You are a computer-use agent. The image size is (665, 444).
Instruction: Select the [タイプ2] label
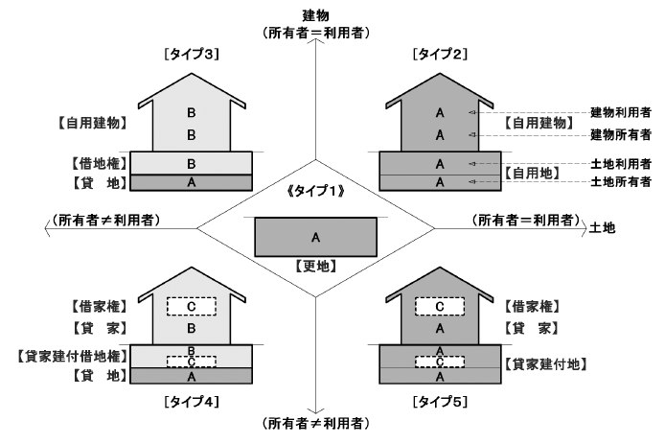coord(440,55)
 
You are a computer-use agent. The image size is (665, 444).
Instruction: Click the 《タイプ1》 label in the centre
coord(315,193)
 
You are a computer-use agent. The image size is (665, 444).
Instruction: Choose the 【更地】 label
coord(315,266)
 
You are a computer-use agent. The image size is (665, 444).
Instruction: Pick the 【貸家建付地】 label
coord(543,364)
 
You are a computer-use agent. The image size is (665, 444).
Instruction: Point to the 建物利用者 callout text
coord(620,113)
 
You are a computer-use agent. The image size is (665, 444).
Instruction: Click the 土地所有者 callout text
coord(620,181)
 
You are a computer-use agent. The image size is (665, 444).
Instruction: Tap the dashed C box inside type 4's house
coord(192,306)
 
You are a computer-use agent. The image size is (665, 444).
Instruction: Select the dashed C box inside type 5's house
coord(440,306)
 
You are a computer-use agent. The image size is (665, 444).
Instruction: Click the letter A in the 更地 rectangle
coord(315,236)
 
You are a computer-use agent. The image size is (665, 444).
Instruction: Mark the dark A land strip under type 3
coord(192,181)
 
